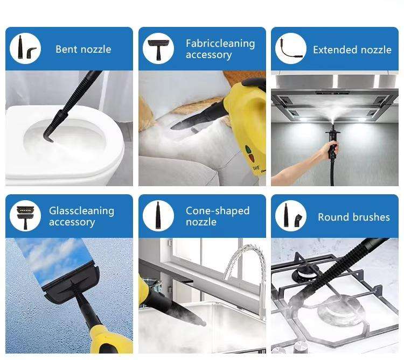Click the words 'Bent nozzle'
pyautogui.click(x=83, y=49)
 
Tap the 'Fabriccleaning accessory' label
pyautogui.click(x=220, y=49)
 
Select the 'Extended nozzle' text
pyautogui.click(x=352, y=50)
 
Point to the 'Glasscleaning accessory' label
pyautogui.click(x=81, y=216)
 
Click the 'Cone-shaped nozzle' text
pyautogui.click(x=218, y=216)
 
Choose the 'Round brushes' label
pyautogui.click(x=354, y=217)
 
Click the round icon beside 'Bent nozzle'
pyautogui.click(x=25, y=48)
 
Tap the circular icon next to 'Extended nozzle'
pyautogui.click(x=291, y=48)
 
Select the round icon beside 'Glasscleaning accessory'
pyautogui.click(x=25, y=216)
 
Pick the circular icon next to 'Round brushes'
pyautogui.click(x=291, y=216)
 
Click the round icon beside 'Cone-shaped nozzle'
pyautogui.click(x=158, y=216)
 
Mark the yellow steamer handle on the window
pyautogui.click(x=112, y=340)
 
